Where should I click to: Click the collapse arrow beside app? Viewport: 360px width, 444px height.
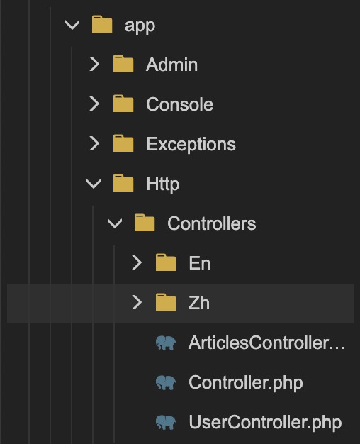click(x=72, y=25)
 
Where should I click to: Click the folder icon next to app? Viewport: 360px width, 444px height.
click(x=102, y=24)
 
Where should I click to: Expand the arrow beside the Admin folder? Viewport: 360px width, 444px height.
click(x=94, y=64)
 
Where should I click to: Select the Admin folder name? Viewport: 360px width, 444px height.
click(x=171, y=65)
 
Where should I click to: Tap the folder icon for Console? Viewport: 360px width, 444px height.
click(x=123, y=104)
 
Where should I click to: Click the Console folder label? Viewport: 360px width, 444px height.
click(x=180, y=104)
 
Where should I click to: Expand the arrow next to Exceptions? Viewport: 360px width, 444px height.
click(x=94, y=143)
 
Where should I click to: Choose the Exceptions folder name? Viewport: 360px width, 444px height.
click(x=191, y=145)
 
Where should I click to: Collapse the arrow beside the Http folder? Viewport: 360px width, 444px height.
click(x=94, y=184)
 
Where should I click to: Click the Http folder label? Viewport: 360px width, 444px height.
click(x=163, y=184)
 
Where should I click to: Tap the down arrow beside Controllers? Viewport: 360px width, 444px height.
click(x=115, y=223)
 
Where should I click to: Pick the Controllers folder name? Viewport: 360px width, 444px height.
click(x=212, y=223)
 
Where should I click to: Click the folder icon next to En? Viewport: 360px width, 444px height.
click(x=166, y=262)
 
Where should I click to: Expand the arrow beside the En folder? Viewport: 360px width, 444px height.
click(x=137, y=262)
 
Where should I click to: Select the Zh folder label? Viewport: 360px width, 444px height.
click(x=199, y=303)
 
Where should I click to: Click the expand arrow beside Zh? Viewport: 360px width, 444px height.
click(x=137, y=302)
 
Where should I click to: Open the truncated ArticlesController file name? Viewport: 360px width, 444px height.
click(x=267, y=343)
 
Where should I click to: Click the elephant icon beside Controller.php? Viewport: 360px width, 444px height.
click(x=166, y=382)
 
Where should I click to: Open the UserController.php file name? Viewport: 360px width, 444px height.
click(x=265, y=423)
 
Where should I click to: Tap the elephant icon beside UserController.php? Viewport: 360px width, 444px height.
click(x=166, y=422)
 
